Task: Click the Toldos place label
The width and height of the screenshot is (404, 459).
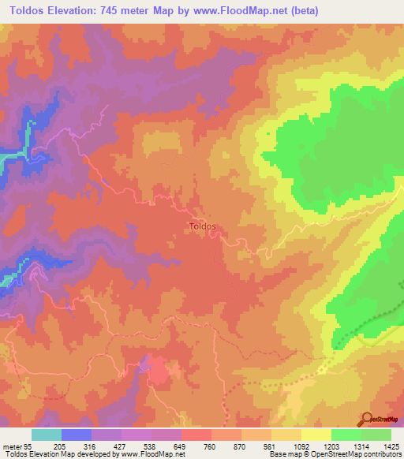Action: coord(203,226)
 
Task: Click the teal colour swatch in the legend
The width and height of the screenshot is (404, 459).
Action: coord(46,435)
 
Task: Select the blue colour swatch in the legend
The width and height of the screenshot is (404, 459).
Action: coord(76,435)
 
